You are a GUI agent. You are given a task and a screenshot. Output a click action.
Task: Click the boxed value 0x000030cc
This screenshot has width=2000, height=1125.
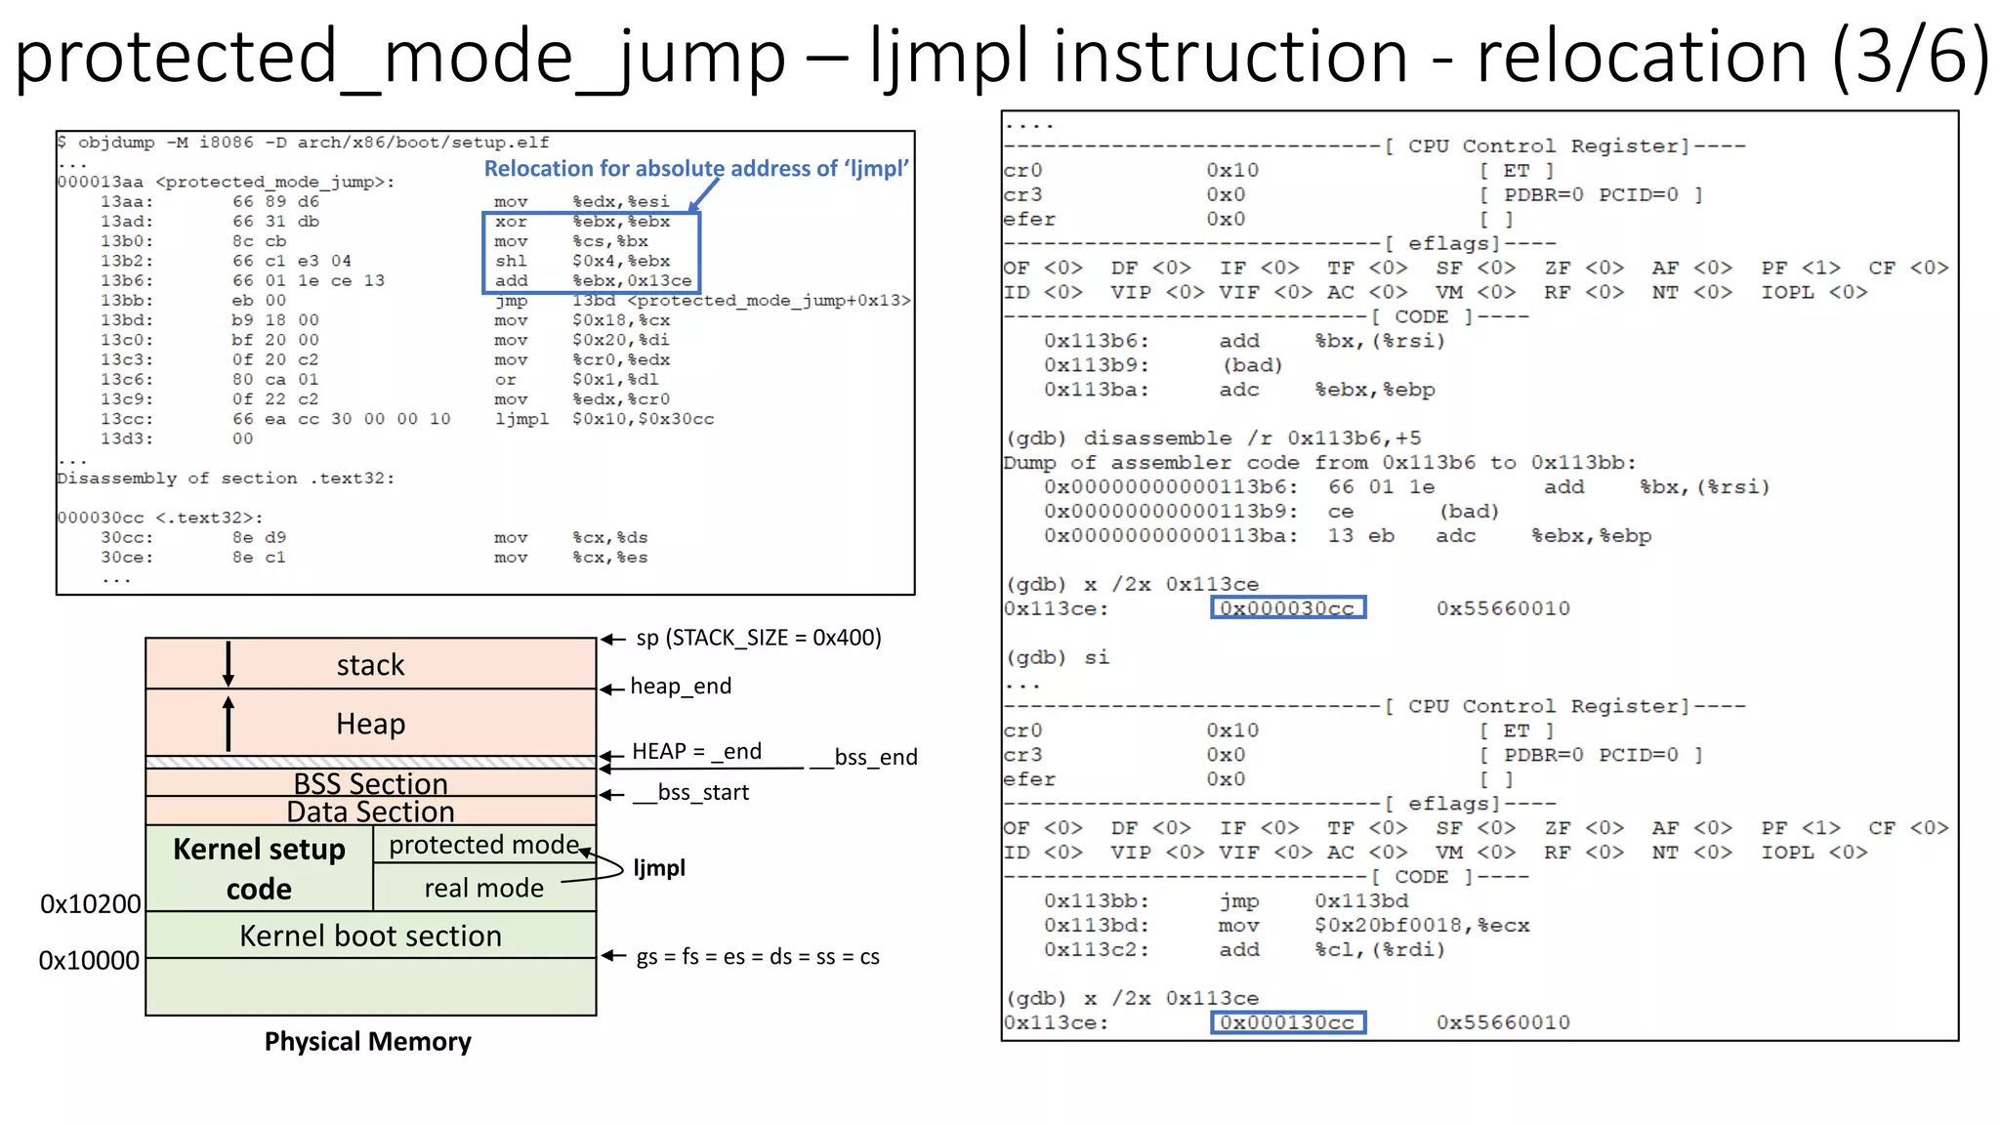click(x=1287, y=608)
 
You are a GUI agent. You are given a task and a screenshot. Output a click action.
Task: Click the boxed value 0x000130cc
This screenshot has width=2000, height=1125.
click(x=1287, y=1022)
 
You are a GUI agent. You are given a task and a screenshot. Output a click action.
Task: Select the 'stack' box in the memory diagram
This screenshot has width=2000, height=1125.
click(x=370, y=665)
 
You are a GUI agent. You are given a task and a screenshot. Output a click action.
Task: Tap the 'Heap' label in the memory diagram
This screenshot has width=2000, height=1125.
click(x=370, y=724)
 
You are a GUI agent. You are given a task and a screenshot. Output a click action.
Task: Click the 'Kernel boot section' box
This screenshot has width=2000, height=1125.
click(x=370, y=936)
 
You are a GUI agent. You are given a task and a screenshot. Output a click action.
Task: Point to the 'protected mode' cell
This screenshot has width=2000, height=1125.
click(x=483, y=845)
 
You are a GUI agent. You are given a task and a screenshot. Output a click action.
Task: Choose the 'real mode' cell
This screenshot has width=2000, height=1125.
click(x=483, y=888)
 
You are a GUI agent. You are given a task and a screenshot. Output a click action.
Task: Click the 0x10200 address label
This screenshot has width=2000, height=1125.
click(x=90, y=904)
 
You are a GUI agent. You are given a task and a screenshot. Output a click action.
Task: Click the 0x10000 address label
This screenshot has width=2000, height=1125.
click(x=89, y=961)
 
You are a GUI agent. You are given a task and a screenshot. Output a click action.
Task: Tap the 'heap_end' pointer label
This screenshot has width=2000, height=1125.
click(x=681, y=687)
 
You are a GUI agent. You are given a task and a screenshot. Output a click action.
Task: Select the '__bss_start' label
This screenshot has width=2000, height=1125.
click(x=691, y=792)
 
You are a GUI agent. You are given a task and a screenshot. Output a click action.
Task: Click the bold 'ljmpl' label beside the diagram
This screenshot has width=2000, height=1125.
click(x=659, y=868)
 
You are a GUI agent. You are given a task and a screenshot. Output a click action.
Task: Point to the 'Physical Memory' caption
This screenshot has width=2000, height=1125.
click(x=367, y=1042)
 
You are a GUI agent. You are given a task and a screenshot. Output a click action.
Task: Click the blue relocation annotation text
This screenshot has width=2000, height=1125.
click(x=696, y=169)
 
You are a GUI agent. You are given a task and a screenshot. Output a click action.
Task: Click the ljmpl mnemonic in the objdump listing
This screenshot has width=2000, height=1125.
click(x=521, y=419)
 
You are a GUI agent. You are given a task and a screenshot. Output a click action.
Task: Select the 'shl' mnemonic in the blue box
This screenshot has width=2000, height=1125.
click(x=511, y=261)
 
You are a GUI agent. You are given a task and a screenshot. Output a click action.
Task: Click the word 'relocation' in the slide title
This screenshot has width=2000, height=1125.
click(x=1642, y=56)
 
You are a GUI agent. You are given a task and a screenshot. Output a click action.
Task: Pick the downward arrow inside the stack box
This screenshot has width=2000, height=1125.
click(x=229, y=665)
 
